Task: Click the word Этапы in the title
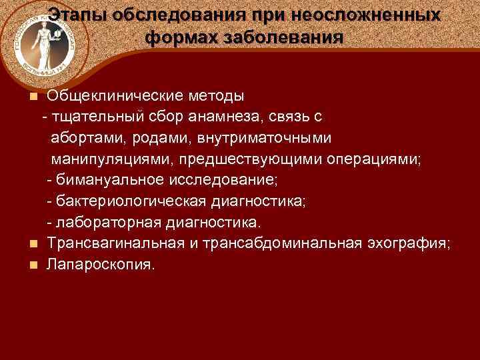pyautogui.click(x=77, y=15)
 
